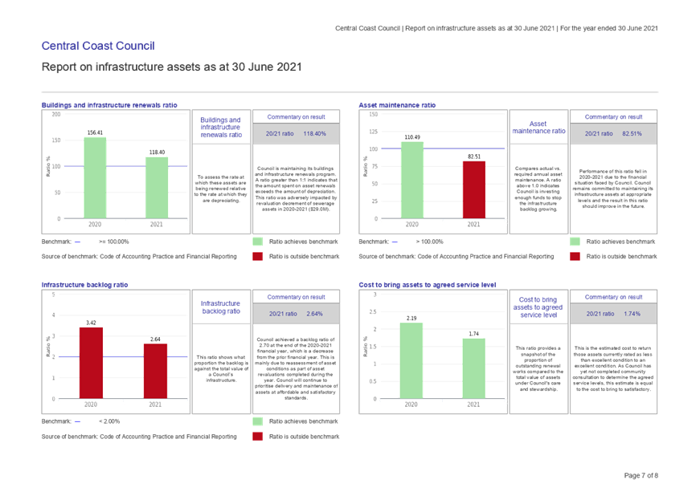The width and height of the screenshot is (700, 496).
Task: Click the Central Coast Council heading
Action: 97,45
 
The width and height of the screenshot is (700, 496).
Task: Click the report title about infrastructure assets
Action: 170,67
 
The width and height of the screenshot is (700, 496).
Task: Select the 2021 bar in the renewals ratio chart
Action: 157,186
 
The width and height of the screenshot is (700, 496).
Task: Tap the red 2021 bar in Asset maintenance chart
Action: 474,189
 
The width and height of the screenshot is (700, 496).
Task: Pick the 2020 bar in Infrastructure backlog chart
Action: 92,361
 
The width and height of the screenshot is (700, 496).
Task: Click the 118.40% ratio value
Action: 314,134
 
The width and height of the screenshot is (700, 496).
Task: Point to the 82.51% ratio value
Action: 632,134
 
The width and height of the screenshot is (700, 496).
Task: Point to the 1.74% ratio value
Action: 632,314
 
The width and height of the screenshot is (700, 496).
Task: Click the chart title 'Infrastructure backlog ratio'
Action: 84,285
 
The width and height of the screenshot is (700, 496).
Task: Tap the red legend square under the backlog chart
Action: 257,436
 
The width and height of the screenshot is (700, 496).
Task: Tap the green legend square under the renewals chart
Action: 257,242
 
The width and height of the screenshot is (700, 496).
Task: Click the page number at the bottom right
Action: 642,476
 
